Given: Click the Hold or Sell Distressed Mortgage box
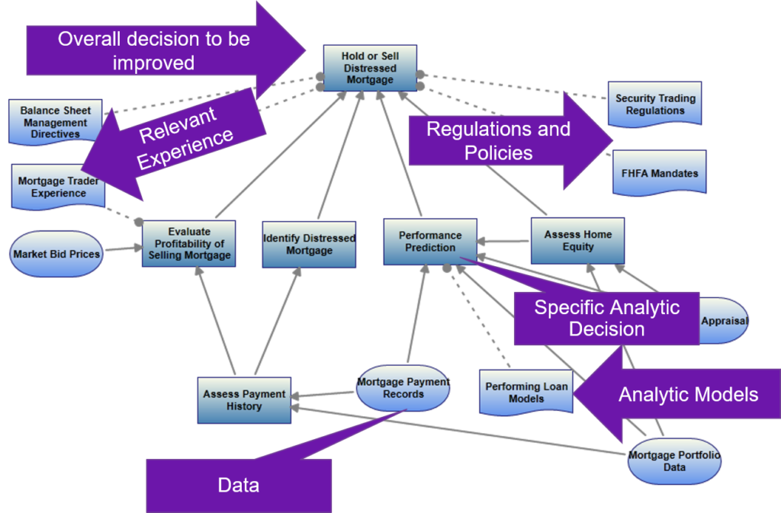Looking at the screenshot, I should pyautogui.click(x=370, y=67).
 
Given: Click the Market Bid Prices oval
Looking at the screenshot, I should pyautogui.click(x=56, y=253).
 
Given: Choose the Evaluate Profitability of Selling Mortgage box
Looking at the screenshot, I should pyautogui.click(x=188, y=243).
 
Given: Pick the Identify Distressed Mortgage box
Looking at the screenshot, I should pyautogui.click(x=308, y=244).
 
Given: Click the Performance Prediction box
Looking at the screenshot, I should pyautogui.click(x=430, y=242).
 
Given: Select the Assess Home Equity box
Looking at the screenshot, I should pyautogui.click(x=577, y=241).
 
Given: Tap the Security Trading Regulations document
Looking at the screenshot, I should pyautogui.click(x=655, y=104).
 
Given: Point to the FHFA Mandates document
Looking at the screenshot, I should pyautogui.click(x=655, y=173).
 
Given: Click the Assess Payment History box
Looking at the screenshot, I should pyautogui.click(x=243, y=400).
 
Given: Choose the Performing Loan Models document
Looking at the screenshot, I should pyautogui.click(x=526, y=392).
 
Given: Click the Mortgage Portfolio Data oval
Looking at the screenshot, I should pyautogui.click(x=674, y=461).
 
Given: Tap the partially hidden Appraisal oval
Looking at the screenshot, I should pyautogui.click(x=725, y=321).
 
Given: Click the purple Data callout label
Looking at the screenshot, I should pyautogui.click(x=238, y=486).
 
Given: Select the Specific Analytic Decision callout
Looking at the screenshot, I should pyautogui.click(x=606, y=319).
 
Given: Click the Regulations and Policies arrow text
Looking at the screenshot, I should pyautogui.click(x=498, y=141).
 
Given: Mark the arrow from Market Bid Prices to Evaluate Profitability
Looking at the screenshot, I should pyautogui.click(x=122, y=249).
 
